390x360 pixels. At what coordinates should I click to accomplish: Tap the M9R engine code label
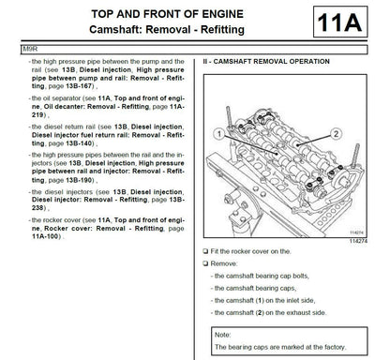(13, 52)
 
